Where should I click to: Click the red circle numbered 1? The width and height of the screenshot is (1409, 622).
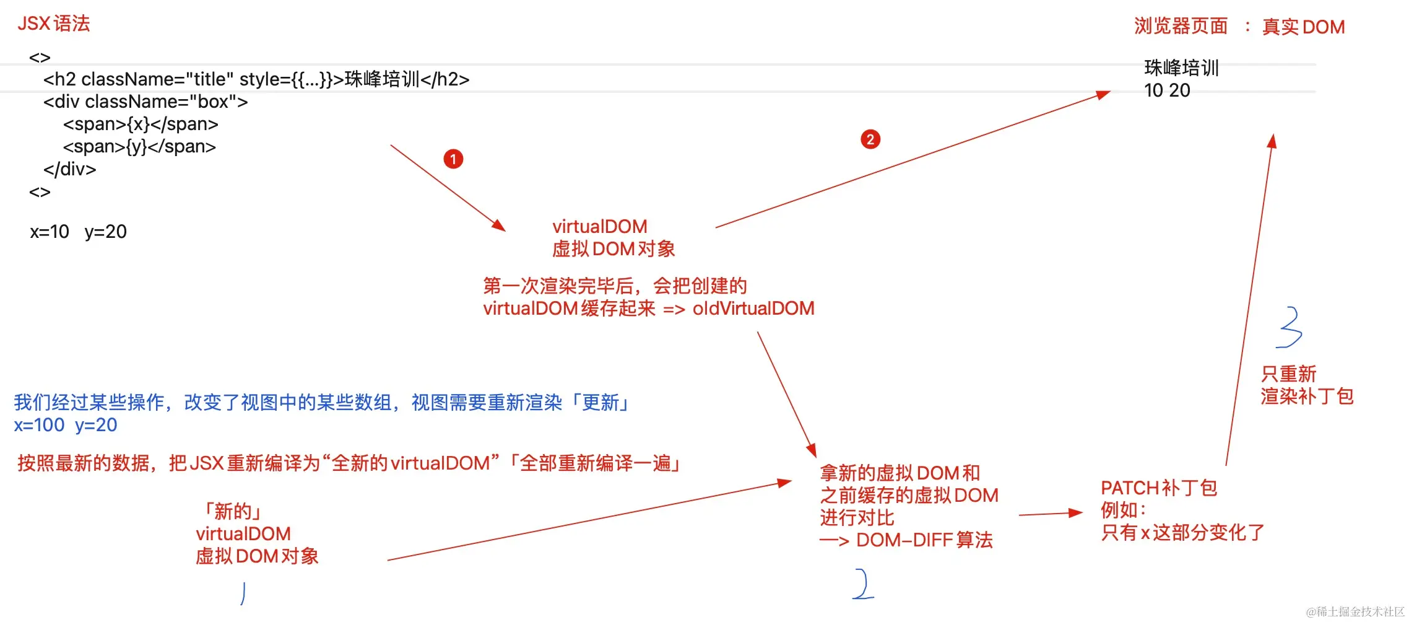coord(453,159)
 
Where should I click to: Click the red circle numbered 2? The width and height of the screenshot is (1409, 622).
coord(870,139)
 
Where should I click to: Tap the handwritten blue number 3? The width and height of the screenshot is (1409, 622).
coord(1290,327)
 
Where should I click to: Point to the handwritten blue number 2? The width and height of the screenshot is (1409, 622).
coord(862,584)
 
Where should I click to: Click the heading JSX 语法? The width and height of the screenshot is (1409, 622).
coord(54,24)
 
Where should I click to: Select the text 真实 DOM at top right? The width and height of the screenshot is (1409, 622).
coord(1303,27)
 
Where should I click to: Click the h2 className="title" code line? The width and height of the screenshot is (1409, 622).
coord(256,79)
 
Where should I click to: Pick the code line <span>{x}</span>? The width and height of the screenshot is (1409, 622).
coord(141,124)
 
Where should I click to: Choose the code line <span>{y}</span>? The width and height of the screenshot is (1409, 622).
coord(139,146)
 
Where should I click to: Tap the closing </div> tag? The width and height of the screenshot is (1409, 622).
coord(69,169)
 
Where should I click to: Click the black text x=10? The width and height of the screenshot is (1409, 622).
coord(50,232)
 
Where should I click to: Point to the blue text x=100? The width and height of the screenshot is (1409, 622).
coord(39,425)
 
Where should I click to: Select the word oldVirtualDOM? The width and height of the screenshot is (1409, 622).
coord(753,308)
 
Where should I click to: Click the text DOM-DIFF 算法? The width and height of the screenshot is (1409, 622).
coord(924,540)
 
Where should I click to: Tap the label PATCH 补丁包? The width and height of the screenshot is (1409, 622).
coord(1158,488)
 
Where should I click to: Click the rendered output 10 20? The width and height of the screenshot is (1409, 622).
coord(1167,90)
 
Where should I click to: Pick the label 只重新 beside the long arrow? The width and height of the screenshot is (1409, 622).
coord(1288,374)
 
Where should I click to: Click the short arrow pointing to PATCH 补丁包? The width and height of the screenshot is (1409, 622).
coord(1050,514)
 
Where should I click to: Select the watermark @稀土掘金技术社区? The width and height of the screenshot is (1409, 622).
coord(1355,611)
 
